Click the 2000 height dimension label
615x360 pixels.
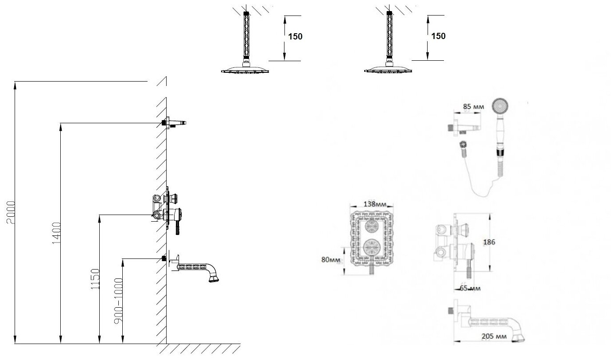coord(11,213)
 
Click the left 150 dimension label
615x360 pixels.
coord(295,37)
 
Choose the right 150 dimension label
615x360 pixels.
coord(438,36)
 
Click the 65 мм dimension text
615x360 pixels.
coord(469,289)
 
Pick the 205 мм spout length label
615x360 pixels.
coord(494,336)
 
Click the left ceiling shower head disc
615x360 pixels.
coord(245,70)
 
